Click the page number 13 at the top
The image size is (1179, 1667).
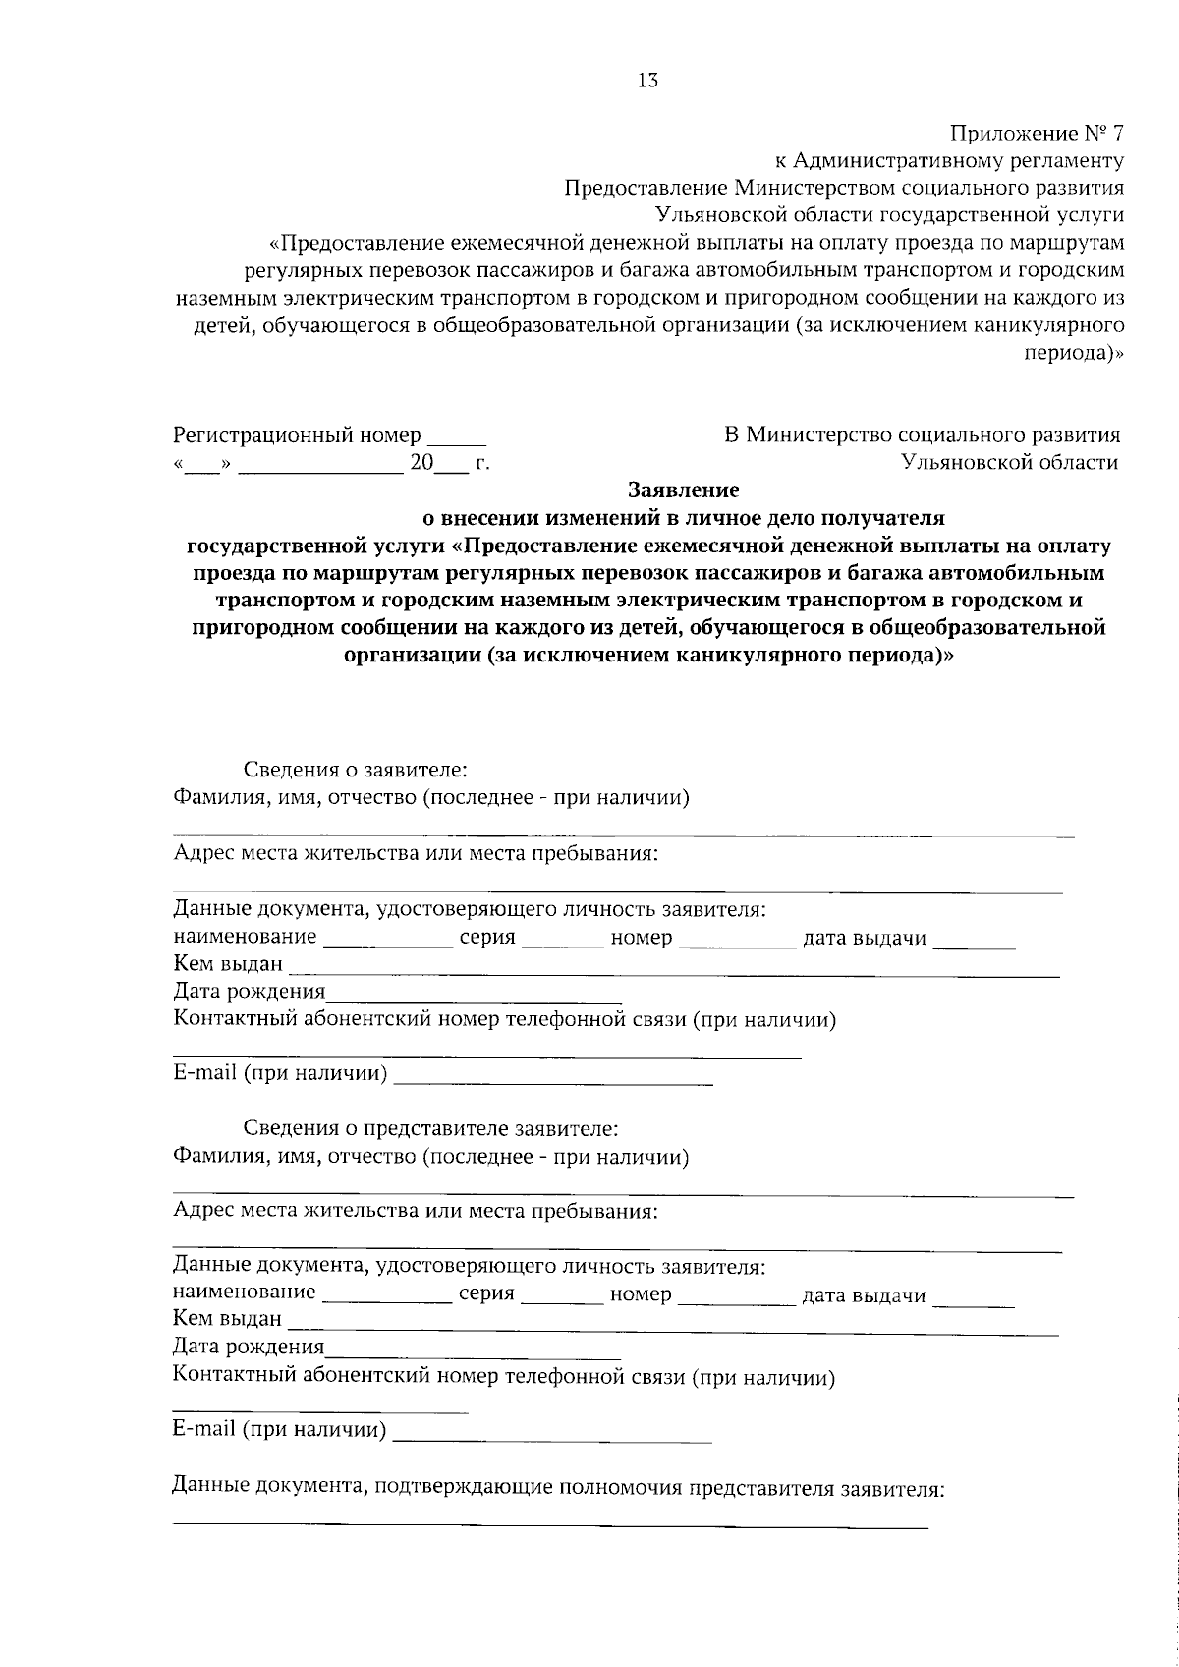[647, 82]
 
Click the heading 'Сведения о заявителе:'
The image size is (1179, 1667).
[355, 769]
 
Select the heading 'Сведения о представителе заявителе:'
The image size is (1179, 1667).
[430, 1127]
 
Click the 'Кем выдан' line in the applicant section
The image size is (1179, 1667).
[673, 974]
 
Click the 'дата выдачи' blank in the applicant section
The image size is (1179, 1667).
[974, 945]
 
